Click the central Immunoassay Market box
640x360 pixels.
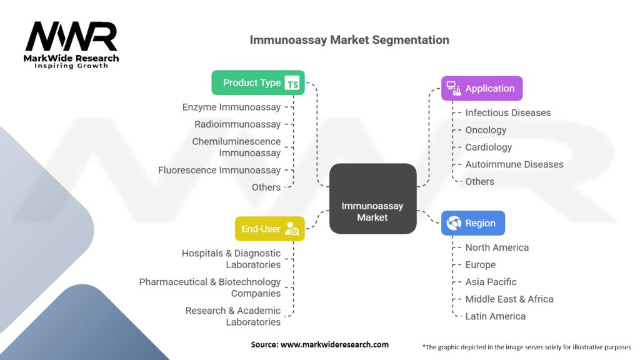click(372, 199)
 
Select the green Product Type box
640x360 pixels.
click(257, 82)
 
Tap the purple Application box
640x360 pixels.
click(481, 89)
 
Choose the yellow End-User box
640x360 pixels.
click(269, 229)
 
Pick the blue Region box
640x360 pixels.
click(473, 223)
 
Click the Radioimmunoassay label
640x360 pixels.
click(237, 124)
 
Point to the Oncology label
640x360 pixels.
click(486, 130)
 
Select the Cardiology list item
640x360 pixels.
click(488, 147)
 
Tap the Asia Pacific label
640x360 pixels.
click(491, 282)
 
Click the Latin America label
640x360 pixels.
click(495, 316)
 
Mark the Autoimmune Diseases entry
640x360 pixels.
click(514, 164)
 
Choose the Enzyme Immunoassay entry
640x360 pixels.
click(231, 107)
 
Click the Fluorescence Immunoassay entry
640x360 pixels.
click(219, 170)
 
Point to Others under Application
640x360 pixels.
click(479, 181)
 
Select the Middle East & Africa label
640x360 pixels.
click(509, 299)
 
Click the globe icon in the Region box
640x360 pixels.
click(454, 223)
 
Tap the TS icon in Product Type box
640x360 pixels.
click(292, 83)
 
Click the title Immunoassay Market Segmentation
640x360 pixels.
click(349, 40)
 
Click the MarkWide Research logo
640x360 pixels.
click(72, 45)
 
